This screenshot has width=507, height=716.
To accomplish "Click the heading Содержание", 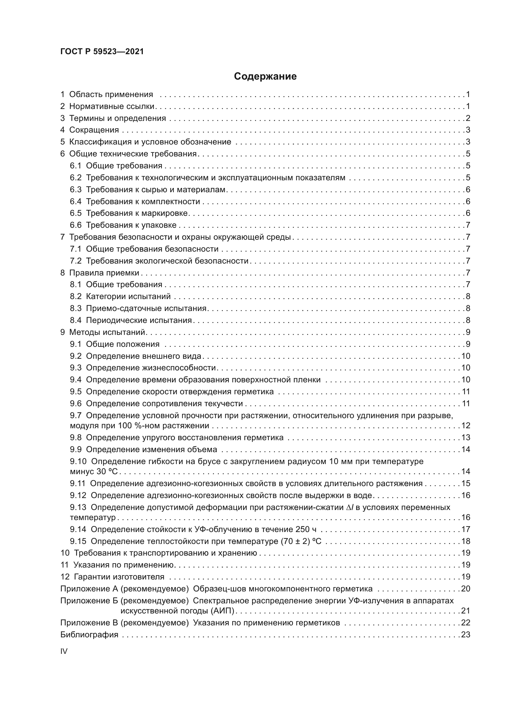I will [265, 77].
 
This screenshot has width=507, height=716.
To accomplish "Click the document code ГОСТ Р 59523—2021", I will [102, 51].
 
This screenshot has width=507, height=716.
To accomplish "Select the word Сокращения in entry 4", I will [94, 130].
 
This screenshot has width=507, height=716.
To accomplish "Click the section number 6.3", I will [75, 189].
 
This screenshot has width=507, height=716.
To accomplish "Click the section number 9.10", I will [78, 461].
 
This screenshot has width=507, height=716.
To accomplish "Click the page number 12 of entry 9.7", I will [466, 426].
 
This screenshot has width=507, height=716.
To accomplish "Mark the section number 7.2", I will [75, 261].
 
